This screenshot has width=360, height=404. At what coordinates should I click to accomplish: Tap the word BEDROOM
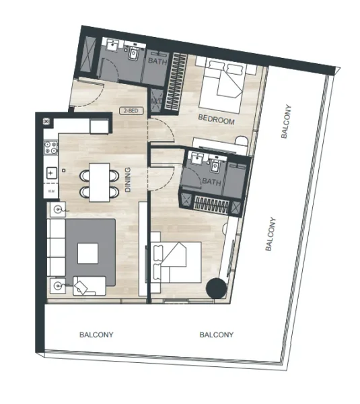tap(216, 121)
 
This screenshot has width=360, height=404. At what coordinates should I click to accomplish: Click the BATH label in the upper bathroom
tap(157, 61)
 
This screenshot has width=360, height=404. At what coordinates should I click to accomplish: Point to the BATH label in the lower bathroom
tap(211, 182)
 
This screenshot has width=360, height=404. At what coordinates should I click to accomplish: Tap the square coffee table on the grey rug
tap(89, 252)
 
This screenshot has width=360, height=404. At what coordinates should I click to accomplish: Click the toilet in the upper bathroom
tap(135, 52)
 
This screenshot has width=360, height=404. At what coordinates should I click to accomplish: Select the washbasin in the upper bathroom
tap(111, 48)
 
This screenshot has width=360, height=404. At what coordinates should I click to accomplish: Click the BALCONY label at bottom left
tap(96, 334)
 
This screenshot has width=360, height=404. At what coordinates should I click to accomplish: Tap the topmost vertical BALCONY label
tap(285, 122)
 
